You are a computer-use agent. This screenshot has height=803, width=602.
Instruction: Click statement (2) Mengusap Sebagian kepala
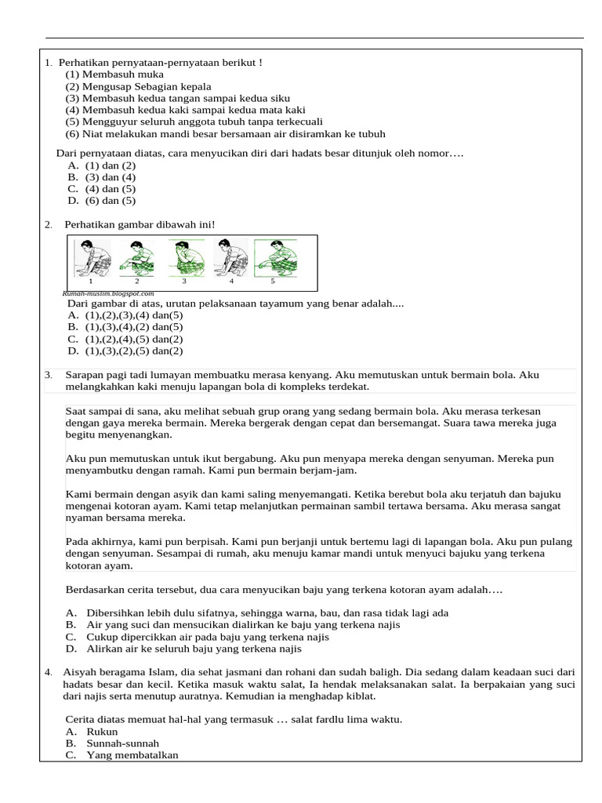138,86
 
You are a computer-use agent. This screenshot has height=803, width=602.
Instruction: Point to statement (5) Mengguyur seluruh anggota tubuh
194,122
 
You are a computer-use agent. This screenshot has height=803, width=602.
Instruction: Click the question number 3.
49,376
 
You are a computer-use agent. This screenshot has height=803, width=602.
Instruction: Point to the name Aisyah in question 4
80,672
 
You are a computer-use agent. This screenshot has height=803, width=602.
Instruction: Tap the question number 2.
49,225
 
